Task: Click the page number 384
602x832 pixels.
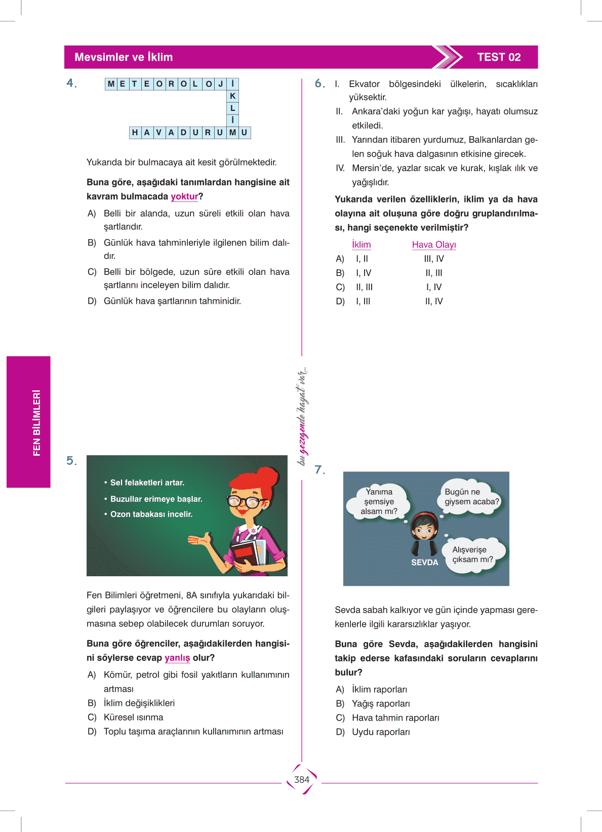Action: pyautogui.click(x=302, y=780)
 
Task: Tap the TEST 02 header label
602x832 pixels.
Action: pyautogui.click(x=499, y=57)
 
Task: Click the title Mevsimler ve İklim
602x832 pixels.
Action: pyautogui.click(x=124, y=57)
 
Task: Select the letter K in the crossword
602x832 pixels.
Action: pyautogui.click(x=232, y=96)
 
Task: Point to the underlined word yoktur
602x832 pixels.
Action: pyautogui.click(x=184, y=196)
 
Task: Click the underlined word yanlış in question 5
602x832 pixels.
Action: pyautogui.click(x=177, y=658)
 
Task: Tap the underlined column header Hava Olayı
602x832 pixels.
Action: pyautogui.click(x=434, y=245)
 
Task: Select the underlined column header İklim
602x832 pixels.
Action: pyautogui.click(x=362, y=245)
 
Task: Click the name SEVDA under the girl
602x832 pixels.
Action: pyautogui.click(x=424, y=563)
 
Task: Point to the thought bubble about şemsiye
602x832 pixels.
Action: pyautogui.click(x=379, y=501)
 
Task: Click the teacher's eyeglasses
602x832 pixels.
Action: pyautogui.click(x=247, y=502)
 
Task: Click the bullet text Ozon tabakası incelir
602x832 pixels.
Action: pyautogui.click(x=151, y=514)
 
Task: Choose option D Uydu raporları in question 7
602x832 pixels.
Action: pyautogui.click(x=381, y=732)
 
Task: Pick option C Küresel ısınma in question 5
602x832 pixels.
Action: pyautogui.click(x=133, y=718)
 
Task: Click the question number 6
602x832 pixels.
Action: pyautogui.click(x=319, y=83)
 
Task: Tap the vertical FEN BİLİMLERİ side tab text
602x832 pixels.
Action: pyautogui.click(x=36, y=423)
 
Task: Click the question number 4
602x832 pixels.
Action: pyautogui.click(x=71, y=83)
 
